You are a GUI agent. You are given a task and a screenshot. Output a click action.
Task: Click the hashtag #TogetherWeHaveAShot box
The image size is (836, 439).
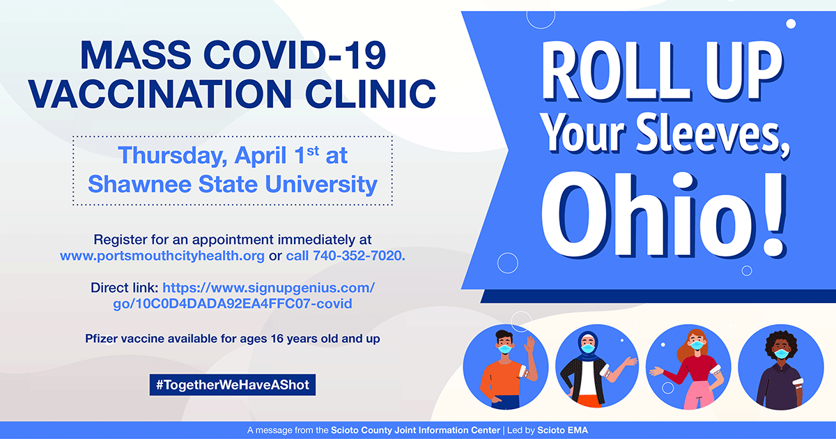click(x=233, y=385)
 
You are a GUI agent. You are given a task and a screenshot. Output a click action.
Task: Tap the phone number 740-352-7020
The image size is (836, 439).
click(x=357, y=256)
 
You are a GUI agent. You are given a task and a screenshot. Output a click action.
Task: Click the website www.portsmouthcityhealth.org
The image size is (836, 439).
click(x=162, y=256)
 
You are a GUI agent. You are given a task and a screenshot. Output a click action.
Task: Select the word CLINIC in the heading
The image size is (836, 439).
click(x=371, y=93)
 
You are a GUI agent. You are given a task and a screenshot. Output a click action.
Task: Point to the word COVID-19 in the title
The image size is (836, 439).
click(x=295, y=55)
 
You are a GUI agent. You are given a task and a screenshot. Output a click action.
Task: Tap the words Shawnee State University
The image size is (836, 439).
click(x=233, y=185)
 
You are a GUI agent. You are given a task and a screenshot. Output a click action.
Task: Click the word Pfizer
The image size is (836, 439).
click(x=101, y=339)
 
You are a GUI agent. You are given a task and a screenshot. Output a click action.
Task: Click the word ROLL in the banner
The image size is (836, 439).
click(x=616, y=71)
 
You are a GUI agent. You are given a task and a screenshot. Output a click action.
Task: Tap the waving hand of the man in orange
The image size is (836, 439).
click(x=529, y=344)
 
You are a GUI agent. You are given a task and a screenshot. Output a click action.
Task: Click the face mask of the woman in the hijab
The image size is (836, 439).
click(x=588, y=348)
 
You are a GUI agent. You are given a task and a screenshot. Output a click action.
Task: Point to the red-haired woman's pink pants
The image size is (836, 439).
click(x=697, y=395)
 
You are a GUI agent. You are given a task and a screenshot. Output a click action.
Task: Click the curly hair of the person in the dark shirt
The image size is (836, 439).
click(x=781, y=341)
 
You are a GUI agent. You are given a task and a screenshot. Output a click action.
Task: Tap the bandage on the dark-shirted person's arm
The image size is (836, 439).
click(x=798, y=382)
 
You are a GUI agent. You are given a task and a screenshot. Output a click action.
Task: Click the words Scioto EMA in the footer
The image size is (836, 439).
click(x=562, y=431)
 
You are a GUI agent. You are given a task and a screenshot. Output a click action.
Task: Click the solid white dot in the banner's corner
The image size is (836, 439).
click(x=791, y=24)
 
